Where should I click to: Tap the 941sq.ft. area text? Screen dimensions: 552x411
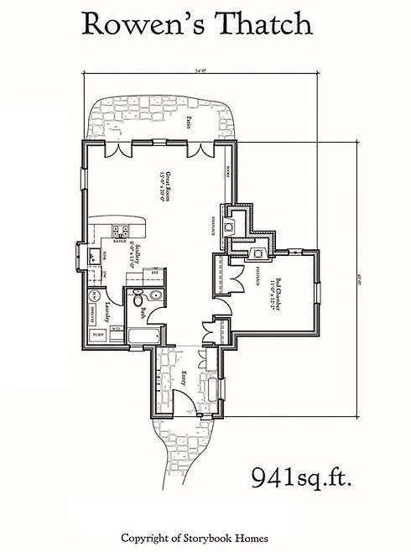(301, 478)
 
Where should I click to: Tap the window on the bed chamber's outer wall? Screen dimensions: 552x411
(318, 294)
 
